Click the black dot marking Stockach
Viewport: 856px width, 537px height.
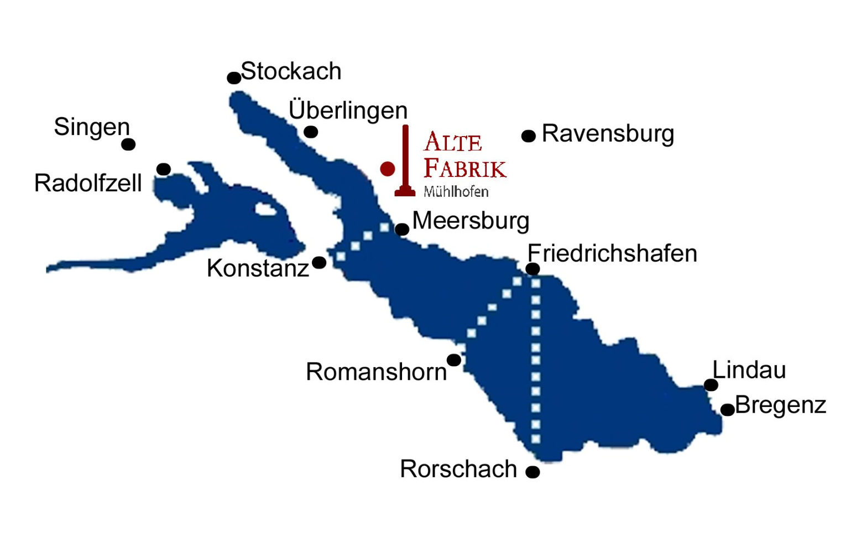[234, 78]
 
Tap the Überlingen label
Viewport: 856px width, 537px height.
[348, 110]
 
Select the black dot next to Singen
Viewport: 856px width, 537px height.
[128, 144]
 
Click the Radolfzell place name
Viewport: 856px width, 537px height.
[88, 183]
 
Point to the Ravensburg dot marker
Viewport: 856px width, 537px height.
[529, 136]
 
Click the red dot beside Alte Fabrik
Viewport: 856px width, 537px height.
[388, 169]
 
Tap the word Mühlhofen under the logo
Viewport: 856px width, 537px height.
[456, 192]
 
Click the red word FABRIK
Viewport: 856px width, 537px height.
[464, 168]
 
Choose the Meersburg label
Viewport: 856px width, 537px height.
[471, 221]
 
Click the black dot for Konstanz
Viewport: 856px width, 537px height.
[319, 263]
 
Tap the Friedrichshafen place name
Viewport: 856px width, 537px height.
[612, 253]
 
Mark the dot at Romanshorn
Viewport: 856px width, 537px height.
[454, 361]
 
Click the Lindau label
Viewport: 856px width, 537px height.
[749, 370]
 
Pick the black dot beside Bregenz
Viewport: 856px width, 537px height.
[727, 410]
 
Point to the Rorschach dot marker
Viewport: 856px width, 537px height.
[533, 472]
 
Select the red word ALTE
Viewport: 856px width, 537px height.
[453, 142]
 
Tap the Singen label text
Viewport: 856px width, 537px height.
[92, 127]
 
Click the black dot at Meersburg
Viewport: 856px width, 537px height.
[402, 229]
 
